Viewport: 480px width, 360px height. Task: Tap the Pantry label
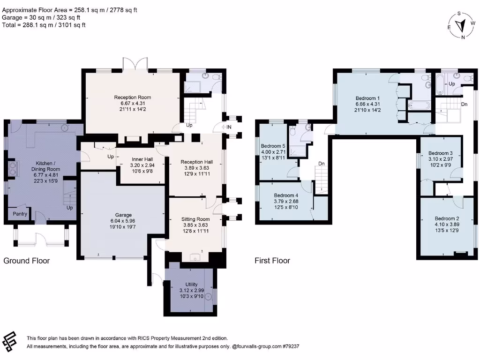click(x=20, y=214)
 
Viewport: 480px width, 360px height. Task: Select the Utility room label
click(x=191, y=285)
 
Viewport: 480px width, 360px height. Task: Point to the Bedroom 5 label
click(x=273, y=146)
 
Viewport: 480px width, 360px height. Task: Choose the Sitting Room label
click(x=195, y=219)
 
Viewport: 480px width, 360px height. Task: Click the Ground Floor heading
click(x=27, y=261)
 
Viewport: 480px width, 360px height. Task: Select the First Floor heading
click(x=272, y=261)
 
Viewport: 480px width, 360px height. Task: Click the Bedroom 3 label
click(x=440, y=153)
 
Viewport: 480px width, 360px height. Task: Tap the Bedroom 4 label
click(x=286, y=195)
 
